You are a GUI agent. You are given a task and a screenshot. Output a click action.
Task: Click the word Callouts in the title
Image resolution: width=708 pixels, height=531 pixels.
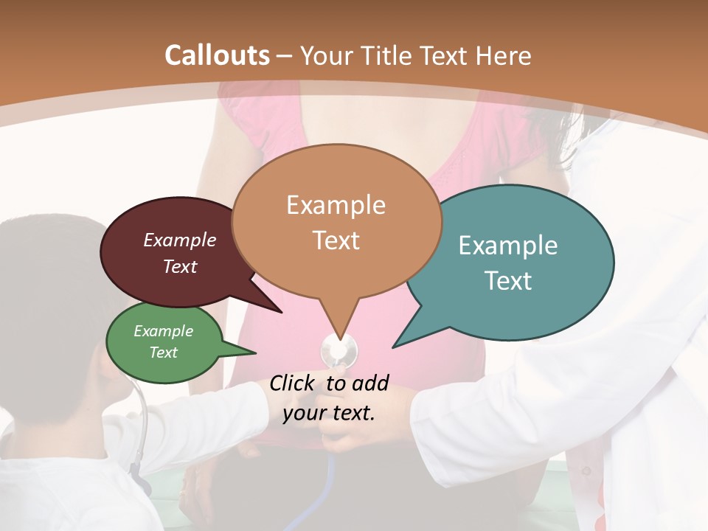point(217,56)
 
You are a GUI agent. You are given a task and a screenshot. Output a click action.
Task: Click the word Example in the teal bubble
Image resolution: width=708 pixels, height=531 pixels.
point(508,246)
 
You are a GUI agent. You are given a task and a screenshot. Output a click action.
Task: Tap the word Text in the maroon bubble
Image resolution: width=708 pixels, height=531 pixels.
point(180,266)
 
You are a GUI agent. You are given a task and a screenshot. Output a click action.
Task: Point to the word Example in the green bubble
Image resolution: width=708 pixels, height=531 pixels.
point(163,331)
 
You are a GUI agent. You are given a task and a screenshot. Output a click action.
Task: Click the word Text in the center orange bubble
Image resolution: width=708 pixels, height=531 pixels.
point(336,240)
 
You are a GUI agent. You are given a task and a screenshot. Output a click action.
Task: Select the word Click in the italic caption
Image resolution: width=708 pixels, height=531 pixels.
point(292,383)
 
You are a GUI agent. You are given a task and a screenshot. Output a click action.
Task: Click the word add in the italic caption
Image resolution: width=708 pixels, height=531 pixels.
point(369,383)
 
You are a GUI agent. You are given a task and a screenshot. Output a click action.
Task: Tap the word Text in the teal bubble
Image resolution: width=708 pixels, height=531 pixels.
point(508,281)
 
